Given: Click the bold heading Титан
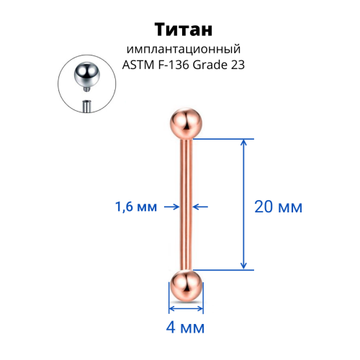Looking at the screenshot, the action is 184,30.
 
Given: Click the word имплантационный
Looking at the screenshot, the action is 184,50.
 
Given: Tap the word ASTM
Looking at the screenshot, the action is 138,65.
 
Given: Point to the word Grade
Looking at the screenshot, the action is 210,65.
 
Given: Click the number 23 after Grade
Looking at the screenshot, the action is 238,65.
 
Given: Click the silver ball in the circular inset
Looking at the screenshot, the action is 86,74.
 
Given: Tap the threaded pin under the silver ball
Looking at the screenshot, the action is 86,89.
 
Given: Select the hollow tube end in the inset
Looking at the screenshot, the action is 86,107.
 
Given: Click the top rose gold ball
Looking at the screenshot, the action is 186,124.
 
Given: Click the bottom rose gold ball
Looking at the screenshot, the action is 186,286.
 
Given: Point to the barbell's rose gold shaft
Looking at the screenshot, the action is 186,204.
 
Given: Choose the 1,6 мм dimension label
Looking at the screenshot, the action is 136,207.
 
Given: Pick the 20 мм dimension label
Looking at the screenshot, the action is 278,207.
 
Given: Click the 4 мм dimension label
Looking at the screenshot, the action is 185,328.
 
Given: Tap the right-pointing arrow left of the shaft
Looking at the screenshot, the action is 172,207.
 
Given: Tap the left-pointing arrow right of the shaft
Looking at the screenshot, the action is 200,207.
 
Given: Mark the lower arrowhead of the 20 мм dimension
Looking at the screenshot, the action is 243,266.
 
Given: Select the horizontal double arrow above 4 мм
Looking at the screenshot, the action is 186,309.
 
